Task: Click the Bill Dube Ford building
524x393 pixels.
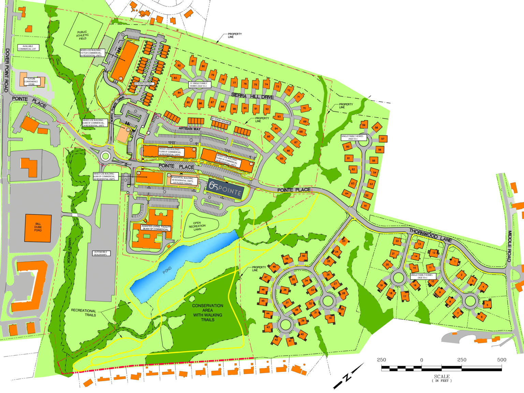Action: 38,228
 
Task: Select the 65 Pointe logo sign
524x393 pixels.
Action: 225,189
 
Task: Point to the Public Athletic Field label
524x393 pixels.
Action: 82,35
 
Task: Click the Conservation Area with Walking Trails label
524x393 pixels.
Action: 207,312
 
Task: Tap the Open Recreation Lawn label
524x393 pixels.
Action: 197,226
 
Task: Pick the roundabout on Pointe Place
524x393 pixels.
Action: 105,156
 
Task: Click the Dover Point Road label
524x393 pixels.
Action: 7,70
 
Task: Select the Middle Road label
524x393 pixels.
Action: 509,246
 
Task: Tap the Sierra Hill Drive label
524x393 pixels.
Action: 252,96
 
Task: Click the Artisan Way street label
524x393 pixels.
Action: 190,129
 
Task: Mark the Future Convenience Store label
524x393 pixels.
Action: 31,82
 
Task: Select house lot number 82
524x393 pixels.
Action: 179,66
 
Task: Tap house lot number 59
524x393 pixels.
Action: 364,125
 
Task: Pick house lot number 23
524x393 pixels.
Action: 344,241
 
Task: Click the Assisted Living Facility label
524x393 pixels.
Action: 156,228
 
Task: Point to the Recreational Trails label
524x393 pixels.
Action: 84,313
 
